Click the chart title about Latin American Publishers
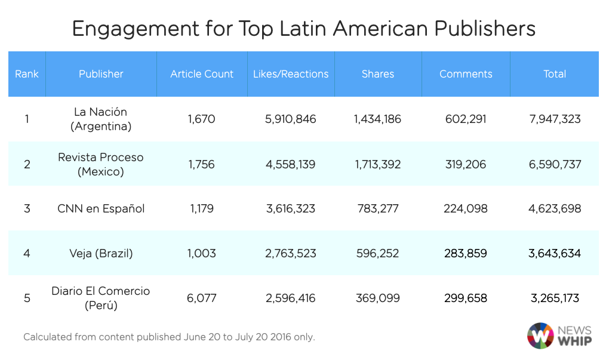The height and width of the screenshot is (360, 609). point(303,29)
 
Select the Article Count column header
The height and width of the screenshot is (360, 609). point(202,74)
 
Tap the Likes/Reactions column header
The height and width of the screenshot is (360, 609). point(291,74)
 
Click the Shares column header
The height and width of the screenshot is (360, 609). point(377,74)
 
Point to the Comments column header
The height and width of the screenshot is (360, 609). point(466,74)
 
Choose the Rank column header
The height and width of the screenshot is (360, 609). point(27,74)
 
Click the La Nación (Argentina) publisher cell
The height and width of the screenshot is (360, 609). point(100,119)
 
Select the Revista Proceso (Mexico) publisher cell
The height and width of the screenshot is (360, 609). point(100,164)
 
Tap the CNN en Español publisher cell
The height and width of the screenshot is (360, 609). point(100,209)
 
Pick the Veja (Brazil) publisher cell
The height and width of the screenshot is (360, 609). point(100,253)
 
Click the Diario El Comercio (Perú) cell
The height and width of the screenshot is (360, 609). point(100,298)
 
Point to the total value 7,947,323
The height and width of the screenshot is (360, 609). point(554,119)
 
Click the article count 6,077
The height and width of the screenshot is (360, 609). point(201,298)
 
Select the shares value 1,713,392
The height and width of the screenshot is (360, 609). point(377,164)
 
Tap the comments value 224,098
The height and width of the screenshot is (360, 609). point(466,209)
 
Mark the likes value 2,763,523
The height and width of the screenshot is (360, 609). point(290,253)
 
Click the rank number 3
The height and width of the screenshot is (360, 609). point(27,209)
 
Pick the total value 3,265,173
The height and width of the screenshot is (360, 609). point(554,298)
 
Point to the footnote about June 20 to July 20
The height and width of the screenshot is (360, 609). point(169,337)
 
